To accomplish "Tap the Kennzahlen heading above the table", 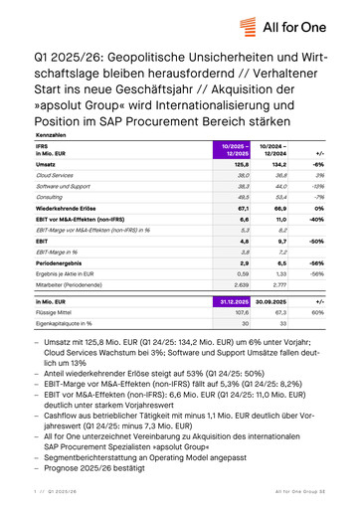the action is point(51,133).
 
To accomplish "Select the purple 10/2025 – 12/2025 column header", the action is point(232,150).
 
